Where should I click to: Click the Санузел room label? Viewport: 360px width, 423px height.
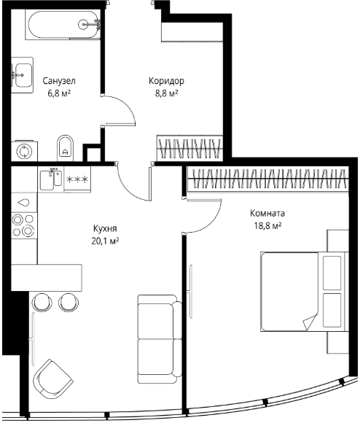pos(59,81)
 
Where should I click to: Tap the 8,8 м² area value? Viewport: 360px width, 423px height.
pos(166,93)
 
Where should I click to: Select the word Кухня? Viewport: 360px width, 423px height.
pos(105,228)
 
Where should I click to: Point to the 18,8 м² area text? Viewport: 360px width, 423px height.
pos(268,225)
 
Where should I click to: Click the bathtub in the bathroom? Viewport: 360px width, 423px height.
pos(63,25)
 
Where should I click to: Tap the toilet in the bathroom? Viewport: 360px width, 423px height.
pos(65,148)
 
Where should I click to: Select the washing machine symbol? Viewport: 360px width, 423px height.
pos(24,151)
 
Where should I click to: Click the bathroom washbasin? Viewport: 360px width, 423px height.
pos(23,75)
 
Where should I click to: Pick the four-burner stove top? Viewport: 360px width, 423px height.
pos(24,225)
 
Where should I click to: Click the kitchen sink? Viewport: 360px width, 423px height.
pos(51,179)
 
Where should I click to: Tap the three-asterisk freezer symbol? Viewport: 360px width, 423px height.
pos(77,179)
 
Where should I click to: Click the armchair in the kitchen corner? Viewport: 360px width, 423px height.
pos(52,377)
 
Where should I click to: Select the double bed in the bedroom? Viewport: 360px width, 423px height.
pos(305,291)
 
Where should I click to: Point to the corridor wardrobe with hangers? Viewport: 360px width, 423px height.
pos(189,148)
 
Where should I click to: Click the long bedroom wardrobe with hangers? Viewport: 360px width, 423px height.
pos(268,179)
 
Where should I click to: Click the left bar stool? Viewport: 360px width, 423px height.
pos(42,303)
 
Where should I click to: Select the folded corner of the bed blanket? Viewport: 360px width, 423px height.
pos(310,322)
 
